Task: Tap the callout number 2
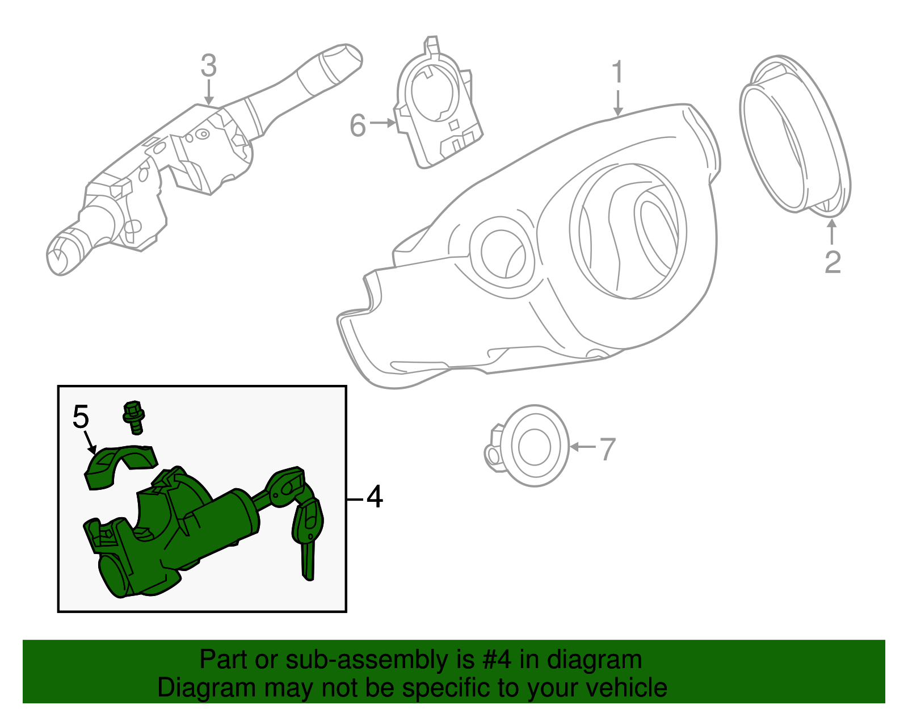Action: (832, 262)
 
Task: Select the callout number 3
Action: (208, 66)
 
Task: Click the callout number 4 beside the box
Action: (375, 497)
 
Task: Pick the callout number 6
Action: (358, 125)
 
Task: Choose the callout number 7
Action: (607, 449)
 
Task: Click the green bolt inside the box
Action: (133, 417)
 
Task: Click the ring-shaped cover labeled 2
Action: (794, 136)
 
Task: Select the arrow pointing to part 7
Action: (582, 447)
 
